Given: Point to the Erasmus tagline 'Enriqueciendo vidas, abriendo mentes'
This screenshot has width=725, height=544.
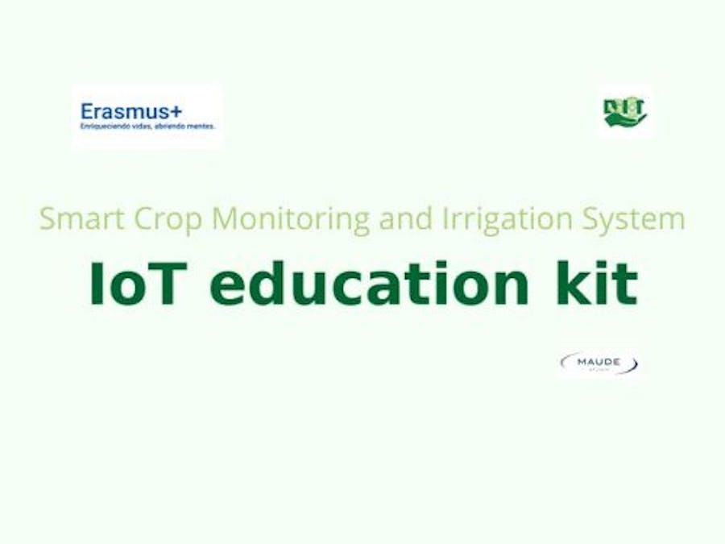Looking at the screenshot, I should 147,126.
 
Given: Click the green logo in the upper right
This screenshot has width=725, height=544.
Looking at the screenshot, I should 625,112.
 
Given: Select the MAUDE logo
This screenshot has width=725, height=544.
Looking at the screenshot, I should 599,363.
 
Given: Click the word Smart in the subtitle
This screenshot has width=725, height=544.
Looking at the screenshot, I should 77,219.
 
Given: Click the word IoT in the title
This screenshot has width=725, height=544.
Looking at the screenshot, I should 137,283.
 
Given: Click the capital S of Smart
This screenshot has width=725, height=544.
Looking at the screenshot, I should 48,219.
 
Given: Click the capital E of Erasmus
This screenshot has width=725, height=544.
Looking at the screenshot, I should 87,110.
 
